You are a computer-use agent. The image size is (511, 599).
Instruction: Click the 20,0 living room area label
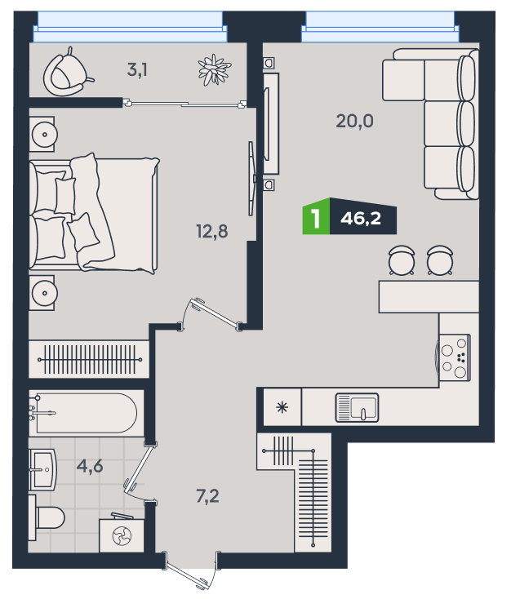(x=354, y=121)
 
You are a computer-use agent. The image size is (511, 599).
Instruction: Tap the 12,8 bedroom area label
(x=211, y=231)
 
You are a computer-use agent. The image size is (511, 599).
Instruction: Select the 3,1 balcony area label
(x=137, y=70)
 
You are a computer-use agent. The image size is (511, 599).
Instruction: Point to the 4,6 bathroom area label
(x=90, y=466)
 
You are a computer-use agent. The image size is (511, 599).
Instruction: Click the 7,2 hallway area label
(x=207, y=496)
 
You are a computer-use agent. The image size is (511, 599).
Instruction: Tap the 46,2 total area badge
(x=362, y=216)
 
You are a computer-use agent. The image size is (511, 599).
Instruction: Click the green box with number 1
(x=316, y=216)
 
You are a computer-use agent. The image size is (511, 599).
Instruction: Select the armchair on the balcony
(x=68, y=73)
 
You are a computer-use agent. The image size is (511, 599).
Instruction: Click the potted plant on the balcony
(x=215, y=69)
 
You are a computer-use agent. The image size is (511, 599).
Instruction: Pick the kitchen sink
(x=357, y=407)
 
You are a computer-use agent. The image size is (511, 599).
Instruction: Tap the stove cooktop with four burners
(x=455, y=357)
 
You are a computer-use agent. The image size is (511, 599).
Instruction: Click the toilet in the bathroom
(x=47, y=517)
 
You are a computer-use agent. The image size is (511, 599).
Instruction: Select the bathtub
(x=83, y=413)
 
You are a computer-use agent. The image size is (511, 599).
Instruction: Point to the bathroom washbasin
(x=42, y=469)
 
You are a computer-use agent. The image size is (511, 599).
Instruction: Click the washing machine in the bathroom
(x=122, y=535)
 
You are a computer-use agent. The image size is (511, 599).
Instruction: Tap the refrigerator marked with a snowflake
(x=282, y=407)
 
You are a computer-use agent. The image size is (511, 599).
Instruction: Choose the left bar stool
(x=402, y=260)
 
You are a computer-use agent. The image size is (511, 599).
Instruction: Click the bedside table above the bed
(x=42, y=134)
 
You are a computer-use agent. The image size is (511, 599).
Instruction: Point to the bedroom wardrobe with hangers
(x=89, y=359)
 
